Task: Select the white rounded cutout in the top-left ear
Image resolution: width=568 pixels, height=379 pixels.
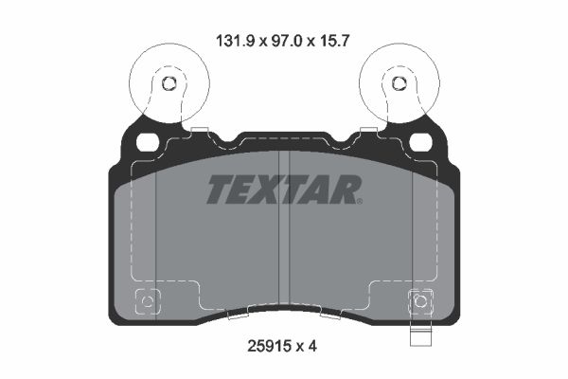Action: coord(147,143)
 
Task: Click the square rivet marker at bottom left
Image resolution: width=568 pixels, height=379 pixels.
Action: coord(147,303)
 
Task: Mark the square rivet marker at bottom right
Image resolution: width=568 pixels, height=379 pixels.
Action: coord(420,303)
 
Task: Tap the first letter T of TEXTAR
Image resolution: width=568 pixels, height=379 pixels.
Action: coord(219,190)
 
